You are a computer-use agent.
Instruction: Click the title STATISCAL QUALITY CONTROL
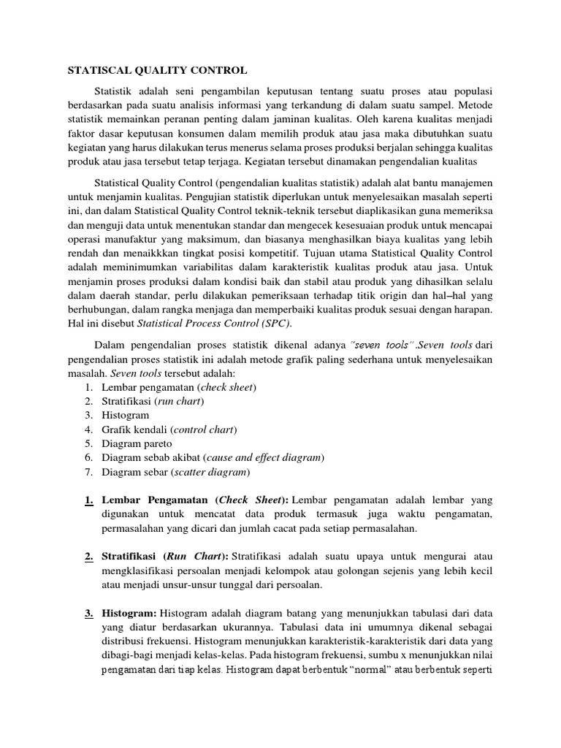click(157, 71)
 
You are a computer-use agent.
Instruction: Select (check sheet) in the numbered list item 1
click(227, 386)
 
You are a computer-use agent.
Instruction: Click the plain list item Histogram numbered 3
click(126, 415)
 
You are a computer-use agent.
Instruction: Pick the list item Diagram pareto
click(137, 443)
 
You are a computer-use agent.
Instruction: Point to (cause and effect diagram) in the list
click(264, 457)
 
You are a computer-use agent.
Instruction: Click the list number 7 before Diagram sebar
click(87, 472)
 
